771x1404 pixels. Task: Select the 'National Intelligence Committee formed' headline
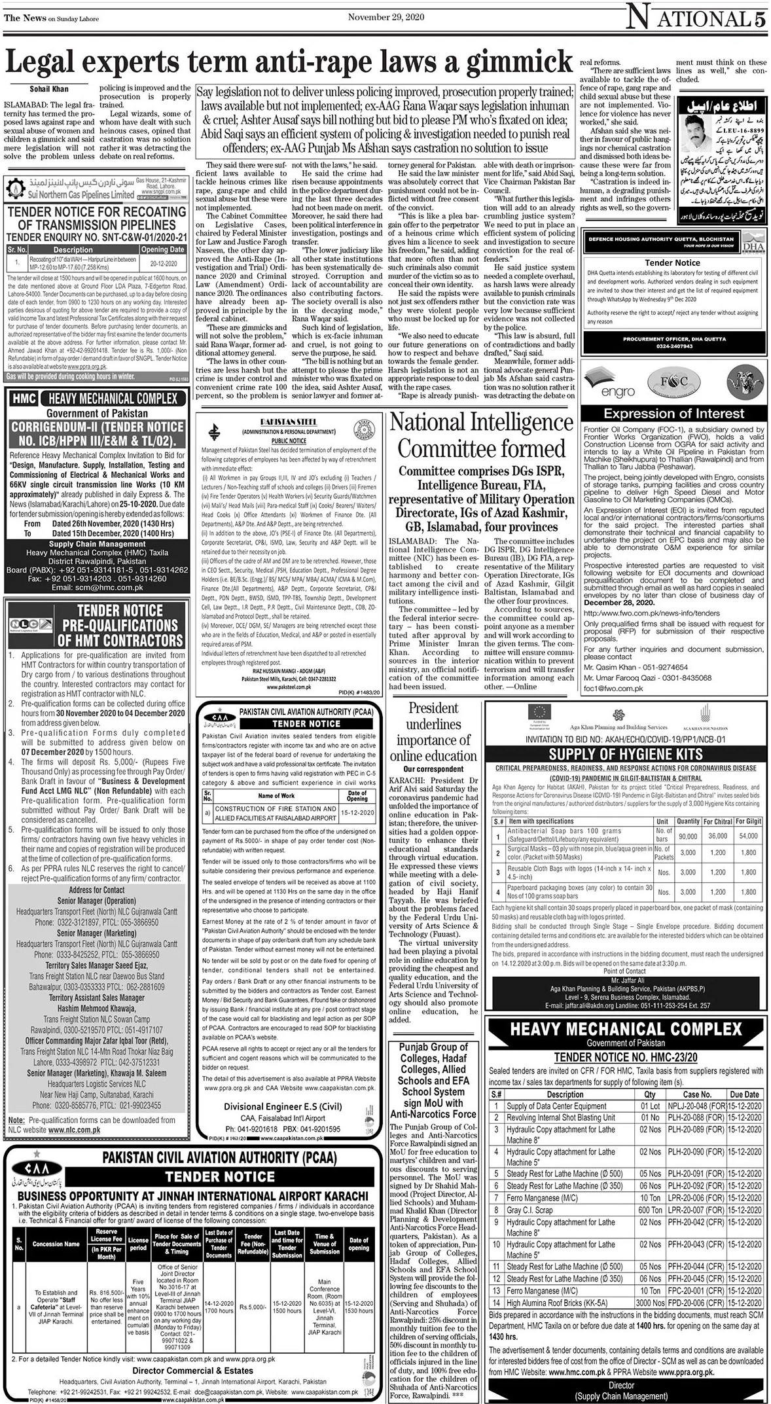tap(481, 435)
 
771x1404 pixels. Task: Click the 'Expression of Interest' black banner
tap(673, 413)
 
